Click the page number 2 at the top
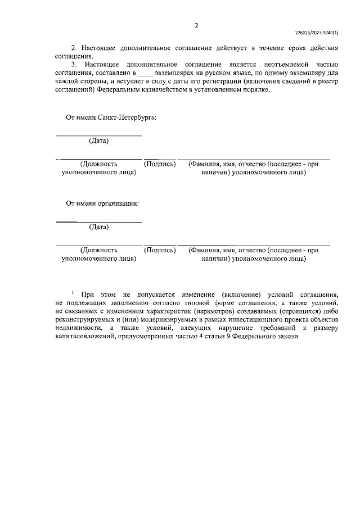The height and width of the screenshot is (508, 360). (196, 25)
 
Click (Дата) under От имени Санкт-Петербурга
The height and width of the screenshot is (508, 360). (99, 140)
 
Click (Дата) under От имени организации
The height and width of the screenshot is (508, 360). (99, 227)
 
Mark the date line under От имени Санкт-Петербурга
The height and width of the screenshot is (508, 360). (99, 135)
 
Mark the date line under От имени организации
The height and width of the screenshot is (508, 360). (99, 222)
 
